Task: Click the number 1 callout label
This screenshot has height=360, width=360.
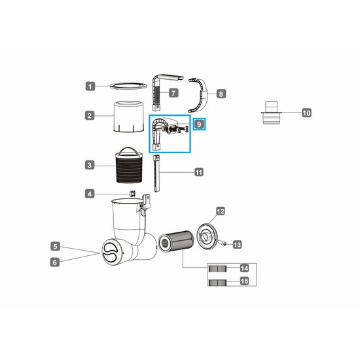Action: [90, 86]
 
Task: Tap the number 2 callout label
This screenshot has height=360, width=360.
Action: [90, 116]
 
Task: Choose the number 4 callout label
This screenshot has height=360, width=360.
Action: [90, 194]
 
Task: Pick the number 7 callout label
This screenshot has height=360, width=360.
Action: [173, 93]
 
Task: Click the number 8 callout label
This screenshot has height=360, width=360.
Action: [221, 94]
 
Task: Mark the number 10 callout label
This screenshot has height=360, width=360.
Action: [306, 113]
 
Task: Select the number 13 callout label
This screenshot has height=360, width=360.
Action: [237, 244]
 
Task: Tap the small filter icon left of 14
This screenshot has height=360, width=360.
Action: [216, 268]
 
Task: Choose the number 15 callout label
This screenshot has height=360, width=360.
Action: [244, 282]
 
